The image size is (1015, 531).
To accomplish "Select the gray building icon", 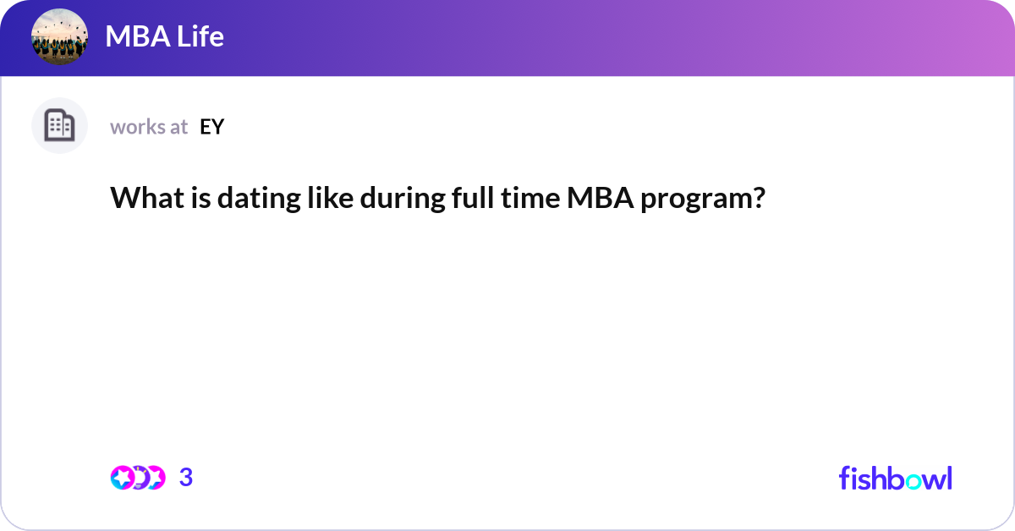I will click(x=59, y=126).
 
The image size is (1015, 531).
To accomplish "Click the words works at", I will click(x=149, y=127).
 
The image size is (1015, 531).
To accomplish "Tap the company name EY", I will click(x=211, y=127).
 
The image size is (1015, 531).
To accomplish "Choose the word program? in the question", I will click(x=703, y=200).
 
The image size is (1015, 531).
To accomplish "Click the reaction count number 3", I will click(x=186, y=478).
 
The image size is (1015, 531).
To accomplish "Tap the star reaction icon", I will click(x=122, y=478).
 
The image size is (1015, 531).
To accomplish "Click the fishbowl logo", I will click(x=895, y=478).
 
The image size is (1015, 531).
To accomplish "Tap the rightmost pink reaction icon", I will click(x=156, y=478).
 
